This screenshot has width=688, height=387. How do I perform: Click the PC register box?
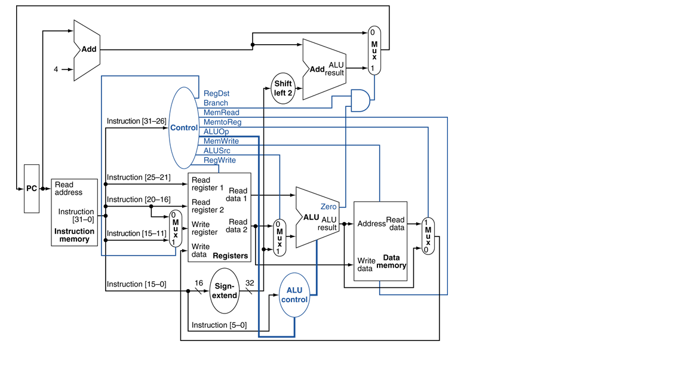point(32,189)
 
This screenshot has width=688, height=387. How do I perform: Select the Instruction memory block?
point(74,212)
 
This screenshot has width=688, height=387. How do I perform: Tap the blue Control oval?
point(183,128)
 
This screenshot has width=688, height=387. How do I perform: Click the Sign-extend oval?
point(224,291)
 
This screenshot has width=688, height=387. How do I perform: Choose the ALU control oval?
point(294,295)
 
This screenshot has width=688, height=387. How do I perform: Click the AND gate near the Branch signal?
point(360,101)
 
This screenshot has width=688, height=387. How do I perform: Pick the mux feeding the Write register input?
point(175,229)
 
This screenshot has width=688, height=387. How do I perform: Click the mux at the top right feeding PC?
point(374,50)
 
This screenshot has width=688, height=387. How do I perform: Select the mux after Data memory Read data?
point(428,236)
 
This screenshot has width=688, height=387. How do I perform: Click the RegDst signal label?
point(216,94)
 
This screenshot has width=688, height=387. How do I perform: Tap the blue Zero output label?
point(328,207)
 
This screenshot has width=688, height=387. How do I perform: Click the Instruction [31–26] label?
point(136,121)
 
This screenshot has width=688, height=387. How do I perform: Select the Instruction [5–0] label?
point(219,325)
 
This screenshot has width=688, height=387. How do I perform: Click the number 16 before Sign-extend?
point(199,283)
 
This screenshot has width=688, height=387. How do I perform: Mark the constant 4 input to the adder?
point(56,69)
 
